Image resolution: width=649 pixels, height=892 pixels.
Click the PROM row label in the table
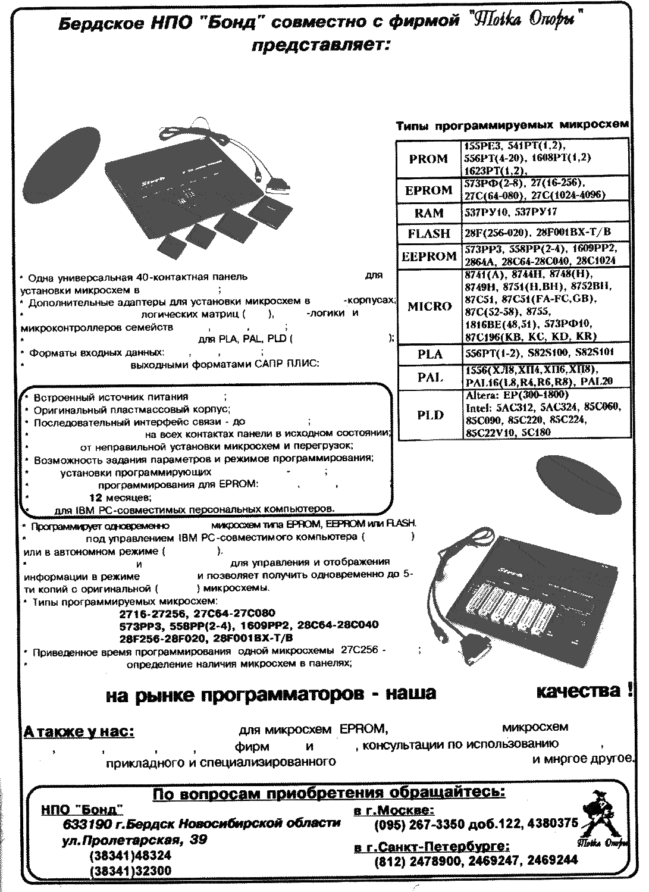coord(428,158)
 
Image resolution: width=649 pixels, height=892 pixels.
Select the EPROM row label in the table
coord(428,190)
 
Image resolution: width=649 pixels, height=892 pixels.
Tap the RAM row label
coord(429,213)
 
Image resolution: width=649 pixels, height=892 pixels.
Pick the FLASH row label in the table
coord(429,233)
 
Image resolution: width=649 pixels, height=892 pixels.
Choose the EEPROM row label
coord(429,256)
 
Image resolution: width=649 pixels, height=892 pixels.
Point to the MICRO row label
coord(429,306)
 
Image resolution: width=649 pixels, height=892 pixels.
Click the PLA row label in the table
coord(429,354)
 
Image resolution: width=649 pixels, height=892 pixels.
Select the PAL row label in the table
coord(429,377)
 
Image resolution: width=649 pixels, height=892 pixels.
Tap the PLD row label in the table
coord(429,415)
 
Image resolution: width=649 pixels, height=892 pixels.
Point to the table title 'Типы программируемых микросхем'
coord(512,126)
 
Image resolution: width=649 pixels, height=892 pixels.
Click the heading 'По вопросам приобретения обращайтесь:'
coord(329,793)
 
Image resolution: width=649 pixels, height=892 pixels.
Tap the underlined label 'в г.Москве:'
coord(393,810)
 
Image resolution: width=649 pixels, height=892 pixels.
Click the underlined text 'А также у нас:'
coord(79,731)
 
